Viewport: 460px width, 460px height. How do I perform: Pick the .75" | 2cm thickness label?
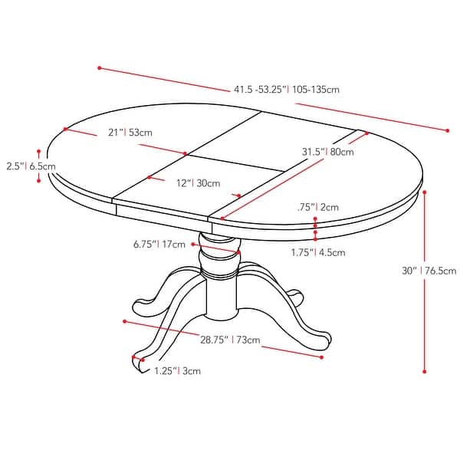317,207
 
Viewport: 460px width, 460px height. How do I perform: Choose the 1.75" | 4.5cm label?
317,252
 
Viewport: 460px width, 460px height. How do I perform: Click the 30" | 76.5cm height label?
429,270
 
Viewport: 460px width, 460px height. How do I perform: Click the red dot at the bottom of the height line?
424,371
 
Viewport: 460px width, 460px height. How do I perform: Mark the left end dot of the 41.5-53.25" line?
100,67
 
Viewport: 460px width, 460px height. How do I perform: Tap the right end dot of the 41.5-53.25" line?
447,130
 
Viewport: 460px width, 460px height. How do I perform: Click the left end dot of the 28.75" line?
124,321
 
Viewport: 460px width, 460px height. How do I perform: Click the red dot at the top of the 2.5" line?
38,151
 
